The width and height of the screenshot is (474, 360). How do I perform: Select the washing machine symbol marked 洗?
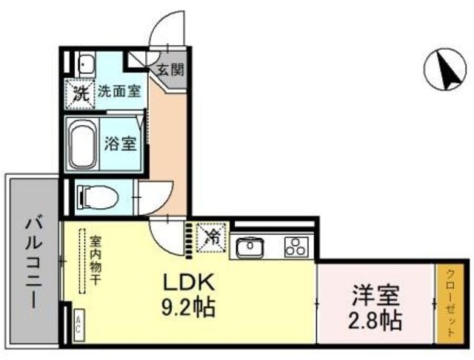pyautogui.click(x=79, y=93)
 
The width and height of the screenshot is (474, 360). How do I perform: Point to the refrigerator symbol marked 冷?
pyautogui.click(x=212, y=238)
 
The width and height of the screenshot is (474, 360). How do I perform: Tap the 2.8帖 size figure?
pyautogui.click(x=375, y=321)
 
